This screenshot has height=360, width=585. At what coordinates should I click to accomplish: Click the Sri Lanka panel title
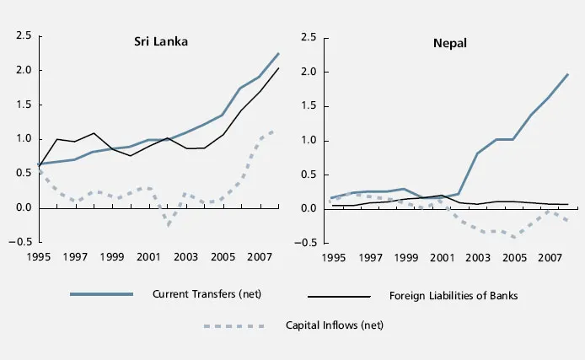[160, 40]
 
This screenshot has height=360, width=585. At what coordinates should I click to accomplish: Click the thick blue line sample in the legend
[100, 294]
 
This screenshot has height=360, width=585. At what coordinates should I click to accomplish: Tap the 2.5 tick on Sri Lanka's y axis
[23, 35]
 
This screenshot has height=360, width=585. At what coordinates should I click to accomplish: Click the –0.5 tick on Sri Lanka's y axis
[20, 242]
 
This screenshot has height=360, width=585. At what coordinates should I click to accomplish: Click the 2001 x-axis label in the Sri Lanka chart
[148, 256]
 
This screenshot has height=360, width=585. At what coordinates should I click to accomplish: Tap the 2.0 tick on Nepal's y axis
[308, 72]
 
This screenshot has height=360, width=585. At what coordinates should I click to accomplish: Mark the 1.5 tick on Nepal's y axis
[308, 106]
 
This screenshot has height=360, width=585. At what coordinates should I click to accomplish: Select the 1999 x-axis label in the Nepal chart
[407, 256]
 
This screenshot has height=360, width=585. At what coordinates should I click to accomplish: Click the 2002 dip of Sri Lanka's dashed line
[168, 226]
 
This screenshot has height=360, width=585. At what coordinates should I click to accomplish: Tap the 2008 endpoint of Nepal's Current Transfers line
[568, 74]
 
